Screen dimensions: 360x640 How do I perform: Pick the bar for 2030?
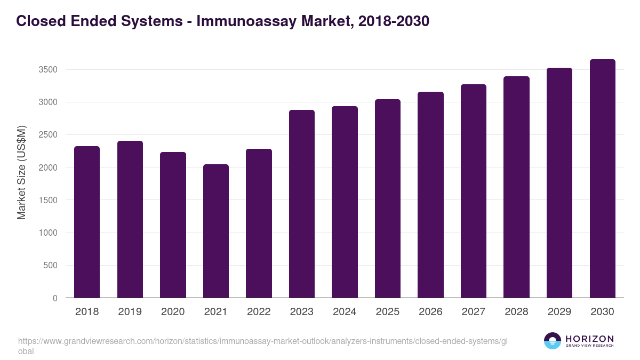pyautogui.click(x=602, y=179)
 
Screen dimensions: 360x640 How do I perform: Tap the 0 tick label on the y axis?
pyautogui.click(x=54, y=299)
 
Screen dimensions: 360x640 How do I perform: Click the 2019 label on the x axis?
pyautogui.click(x=130, y=312)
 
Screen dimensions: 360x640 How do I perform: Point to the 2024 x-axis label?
pyautogui.click(x=345, y=312)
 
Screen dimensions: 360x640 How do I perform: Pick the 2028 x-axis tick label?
pyautogui.click(x=516, y=312)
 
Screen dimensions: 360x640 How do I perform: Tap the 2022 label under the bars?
pyautogui.click(x=259, y=312)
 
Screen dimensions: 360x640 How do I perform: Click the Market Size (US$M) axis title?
pyautogui.click(x=22, y=172)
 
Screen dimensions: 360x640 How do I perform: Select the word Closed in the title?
pyautogui.click(x=37, y=22)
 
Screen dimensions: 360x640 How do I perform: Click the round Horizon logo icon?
pyautogui.click(x=553, y=341)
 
